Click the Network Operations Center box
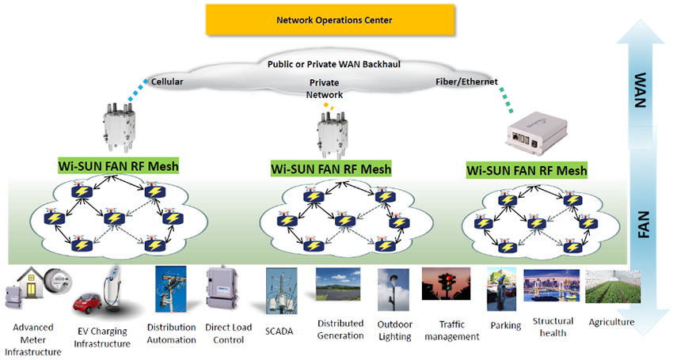(330, 20)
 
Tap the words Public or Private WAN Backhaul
(334, 64)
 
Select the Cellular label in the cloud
(167, 81)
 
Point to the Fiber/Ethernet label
(466, 81)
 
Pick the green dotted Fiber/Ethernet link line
(506, 100)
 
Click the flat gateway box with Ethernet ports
(537, 135)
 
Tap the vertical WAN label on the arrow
(640, 89)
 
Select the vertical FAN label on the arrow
(643, 225)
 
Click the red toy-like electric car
(87, 302)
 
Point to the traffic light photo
(446, 284)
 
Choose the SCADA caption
(279, 332)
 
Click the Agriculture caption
(611, 322)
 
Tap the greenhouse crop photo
(613, 286)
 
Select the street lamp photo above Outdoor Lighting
(394, 290)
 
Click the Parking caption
(506, 326)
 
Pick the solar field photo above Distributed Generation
(338, 284)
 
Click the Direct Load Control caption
(228, 333)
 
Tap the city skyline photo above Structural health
(552, 286)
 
